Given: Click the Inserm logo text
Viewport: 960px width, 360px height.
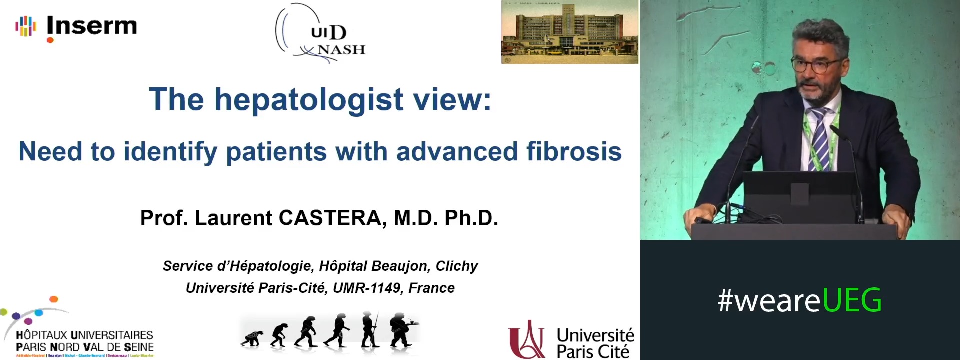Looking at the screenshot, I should coord(91,26).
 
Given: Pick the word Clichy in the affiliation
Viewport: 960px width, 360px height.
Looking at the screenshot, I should coord(456,266).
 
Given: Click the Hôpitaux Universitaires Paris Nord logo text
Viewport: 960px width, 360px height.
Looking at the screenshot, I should coord(84,341).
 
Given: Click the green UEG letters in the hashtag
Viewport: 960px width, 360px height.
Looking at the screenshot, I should coord(851,300).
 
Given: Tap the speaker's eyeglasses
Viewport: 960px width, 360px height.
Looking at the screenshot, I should coord(815,65).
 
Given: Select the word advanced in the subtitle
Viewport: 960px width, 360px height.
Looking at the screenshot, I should coord(457,151).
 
